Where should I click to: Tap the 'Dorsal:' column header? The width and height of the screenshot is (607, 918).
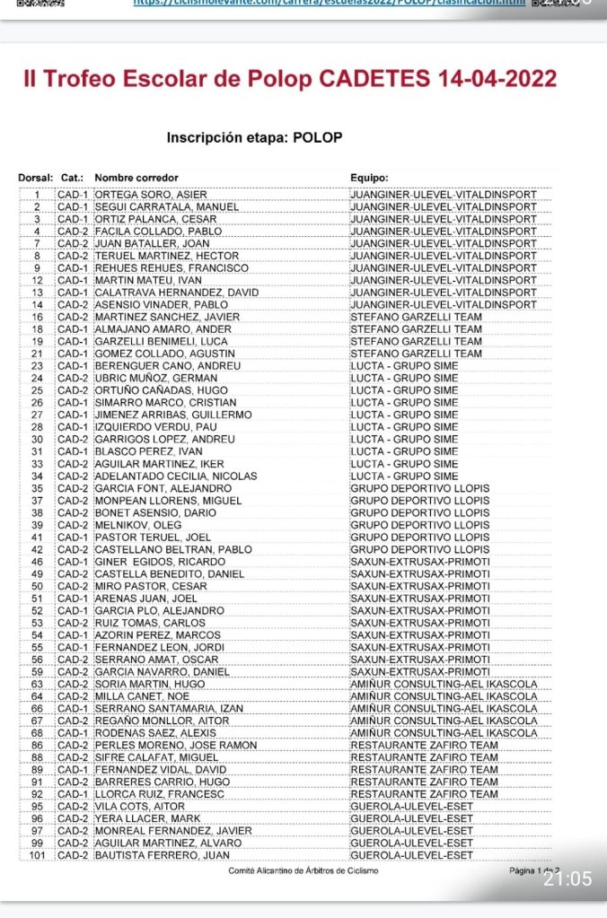(35, 177)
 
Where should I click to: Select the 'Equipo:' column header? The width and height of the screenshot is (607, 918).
(369, 177)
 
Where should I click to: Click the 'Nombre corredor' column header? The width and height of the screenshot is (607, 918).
(136, 177)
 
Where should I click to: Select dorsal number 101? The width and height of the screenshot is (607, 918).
(37, 854)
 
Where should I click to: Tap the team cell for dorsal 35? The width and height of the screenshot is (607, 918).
(420, 487)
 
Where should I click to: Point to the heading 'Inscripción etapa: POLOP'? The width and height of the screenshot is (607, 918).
(254, 138)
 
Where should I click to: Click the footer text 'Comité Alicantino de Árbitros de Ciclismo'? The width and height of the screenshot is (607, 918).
(303, 870)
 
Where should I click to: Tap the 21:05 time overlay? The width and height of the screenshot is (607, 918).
(567, 879)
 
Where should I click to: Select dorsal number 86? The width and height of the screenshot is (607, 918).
(37, 745)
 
